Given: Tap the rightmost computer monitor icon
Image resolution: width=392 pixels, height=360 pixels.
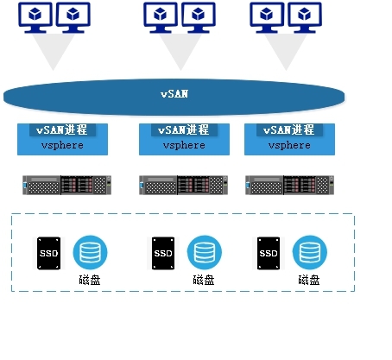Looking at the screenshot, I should pos(301,16).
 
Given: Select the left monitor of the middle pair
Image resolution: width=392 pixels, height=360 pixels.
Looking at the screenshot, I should pos(161,16).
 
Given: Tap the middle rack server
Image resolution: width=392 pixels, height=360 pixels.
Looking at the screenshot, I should pos(186,185).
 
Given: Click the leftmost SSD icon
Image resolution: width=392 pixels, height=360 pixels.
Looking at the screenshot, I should pos(48,252).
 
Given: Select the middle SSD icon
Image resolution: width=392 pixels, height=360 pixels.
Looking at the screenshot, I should pos(162,252).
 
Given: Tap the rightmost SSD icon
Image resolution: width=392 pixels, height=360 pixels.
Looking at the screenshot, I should pos(268,252).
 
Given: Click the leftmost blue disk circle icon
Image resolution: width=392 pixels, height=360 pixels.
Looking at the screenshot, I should pos(90,252).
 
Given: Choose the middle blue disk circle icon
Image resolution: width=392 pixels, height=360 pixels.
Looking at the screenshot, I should pos(204,252).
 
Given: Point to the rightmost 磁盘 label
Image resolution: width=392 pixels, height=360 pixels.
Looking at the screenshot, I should pos(309,281).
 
